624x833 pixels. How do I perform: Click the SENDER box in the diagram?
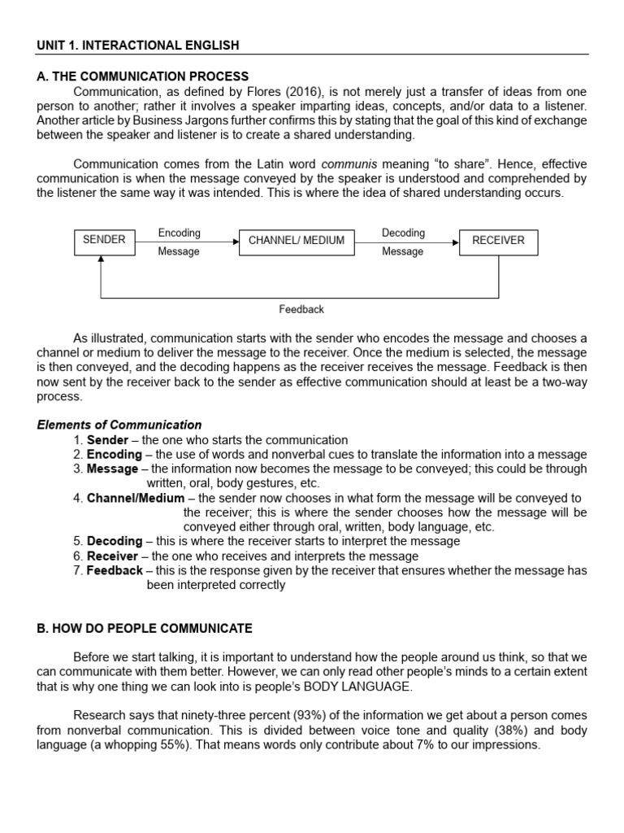coord(104,241)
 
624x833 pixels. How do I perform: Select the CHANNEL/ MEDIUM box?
coord(296,241)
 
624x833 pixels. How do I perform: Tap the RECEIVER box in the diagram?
coord(497,241)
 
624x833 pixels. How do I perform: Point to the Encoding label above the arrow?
coord(179,233)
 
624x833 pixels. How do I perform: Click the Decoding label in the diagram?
coord(403,233)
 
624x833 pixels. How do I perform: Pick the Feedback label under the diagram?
coord(301,309)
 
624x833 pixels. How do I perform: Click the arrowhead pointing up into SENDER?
coord(101,259)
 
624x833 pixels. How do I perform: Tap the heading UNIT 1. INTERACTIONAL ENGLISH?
coord(138,45)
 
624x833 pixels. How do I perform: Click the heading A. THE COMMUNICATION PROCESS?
coord(142,76)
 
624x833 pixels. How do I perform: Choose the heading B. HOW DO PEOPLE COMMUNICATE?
coord(145,629)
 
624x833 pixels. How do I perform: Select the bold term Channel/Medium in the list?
coord(136,498)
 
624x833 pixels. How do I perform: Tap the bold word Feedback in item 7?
coord(115,571)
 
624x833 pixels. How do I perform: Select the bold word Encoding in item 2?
coord(115,454)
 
